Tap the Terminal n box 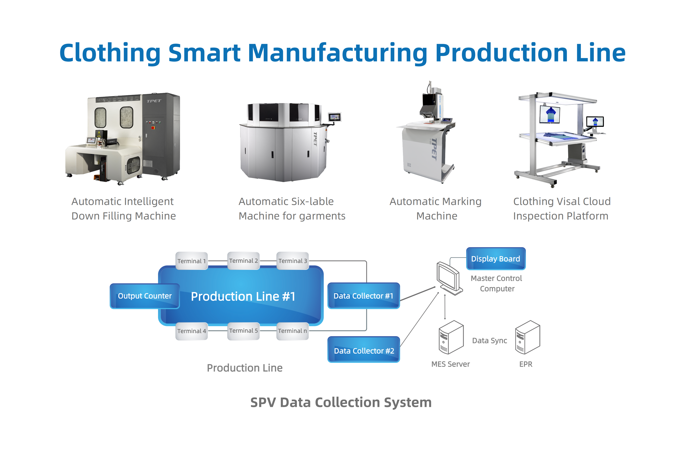coord(293,331)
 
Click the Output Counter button coord(145,296)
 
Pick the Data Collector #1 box coord(364,296)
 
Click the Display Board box coord(496,259)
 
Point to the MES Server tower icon coord(451,337)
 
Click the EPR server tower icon coord(527,337)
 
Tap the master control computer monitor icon coord(449,278)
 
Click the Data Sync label coord(489,341)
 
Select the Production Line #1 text coord(243,296)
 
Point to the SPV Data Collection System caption coord(341,403)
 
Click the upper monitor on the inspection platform coord(550,114)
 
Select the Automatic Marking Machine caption coord(436,209)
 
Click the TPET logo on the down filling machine coord(154,101)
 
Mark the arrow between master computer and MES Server coord(445,307)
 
